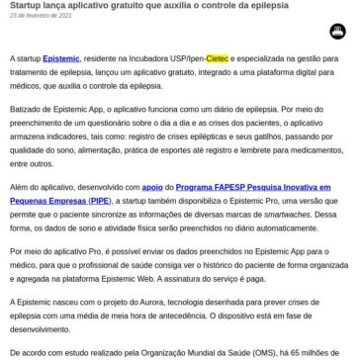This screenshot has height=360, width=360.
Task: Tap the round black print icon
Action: (339, 32)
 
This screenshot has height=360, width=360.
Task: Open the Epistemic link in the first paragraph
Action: (60, 59)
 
